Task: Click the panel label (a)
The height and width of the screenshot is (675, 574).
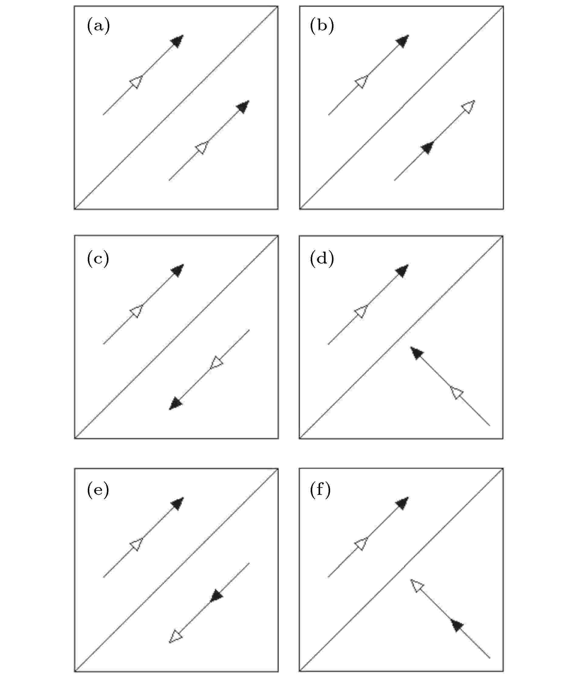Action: point(98,26)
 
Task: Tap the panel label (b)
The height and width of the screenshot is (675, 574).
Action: point(322,26)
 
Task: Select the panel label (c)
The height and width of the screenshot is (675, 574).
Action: point(98,259)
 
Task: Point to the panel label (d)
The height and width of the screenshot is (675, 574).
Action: point(322,259)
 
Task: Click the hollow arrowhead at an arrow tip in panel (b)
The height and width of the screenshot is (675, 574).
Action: point(468,107)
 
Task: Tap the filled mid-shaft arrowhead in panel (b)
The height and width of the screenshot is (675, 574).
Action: point(428,147)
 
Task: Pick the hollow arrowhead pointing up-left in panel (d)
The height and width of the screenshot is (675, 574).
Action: point(457,393)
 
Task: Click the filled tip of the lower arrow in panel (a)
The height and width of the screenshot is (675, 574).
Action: point(242,107)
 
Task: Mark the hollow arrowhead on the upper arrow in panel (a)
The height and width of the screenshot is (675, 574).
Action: point(136,81)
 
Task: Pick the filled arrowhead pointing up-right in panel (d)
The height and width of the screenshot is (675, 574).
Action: point(402,271)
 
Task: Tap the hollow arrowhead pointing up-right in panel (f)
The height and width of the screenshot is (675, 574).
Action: point(361,543)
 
